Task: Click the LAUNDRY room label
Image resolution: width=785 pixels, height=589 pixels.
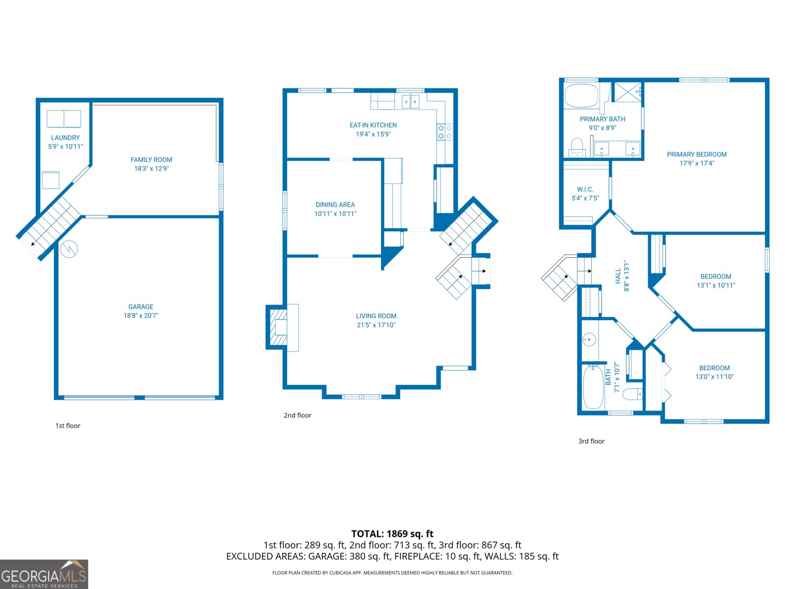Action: point(65,138)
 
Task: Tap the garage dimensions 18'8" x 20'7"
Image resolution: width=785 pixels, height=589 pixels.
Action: point(141,316)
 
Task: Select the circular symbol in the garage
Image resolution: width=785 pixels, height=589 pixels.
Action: point(69,249)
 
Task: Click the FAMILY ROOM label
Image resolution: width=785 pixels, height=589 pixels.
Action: point(151,160)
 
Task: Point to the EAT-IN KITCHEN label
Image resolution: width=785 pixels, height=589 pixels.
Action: point(373,125)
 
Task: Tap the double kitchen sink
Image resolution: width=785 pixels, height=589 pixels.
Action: point(411,102)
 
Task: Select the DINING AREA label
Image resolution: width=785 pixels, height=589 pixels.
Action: point(335,205)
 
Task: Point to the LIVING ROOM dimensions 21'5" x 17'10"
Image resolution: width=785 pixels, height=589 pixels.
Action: point(376,325)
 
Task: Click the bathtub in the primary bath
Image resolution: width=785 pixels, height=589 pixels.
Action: point(581,95)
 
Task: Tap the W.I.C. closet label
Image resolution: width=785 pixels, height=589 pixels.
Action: point(585,189)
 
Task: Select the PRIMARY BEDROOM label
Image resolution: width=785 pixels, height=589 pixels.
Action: point(697,155)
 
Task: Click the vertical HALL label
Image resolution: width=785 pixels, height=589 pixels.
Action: point(618,276)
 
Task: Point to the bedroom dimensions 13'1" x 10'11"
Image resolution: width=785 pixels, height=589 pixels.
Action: point(716,285)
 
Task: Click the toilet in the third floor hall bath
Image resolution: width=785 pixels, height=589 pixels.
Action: point(632,394)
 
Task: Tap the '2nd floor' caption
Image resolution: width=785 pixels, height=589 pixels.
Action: point(297,415)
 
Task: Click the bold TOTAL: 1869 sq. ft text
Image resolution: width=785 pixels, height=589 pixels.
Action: point(392,534)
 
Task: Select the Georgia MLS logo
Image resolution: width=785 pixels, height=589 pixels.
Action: point(44,574)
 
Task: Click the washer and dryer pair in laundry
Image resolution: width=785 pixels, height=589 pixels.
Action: point(64,119)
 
